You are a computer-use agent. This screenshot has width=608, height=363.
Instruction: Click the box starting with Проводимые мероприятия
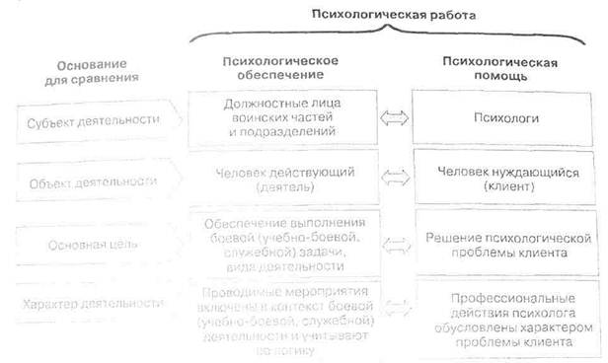pos(283,314)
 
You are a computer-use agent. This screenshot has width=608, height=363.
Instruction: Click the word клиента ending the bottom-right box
pos(548,342)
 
